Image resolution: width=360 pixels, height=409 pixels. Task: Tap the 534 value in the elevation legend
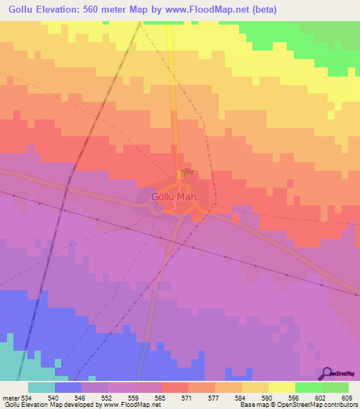25,397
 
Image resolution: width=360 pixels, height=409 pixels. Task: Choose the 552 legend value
108,397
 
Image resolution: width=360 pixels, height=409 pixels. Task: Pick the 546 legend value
82,397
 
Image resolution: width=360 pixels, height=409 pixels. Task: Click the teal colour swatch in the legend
41,387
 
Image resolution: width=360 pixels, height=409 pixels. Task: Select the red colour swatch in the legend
175,387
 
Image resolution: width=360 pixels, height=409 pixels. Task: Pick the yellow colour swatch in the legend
282,387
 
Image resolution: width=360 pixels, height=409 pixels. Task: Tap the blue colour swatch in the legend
68,387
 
